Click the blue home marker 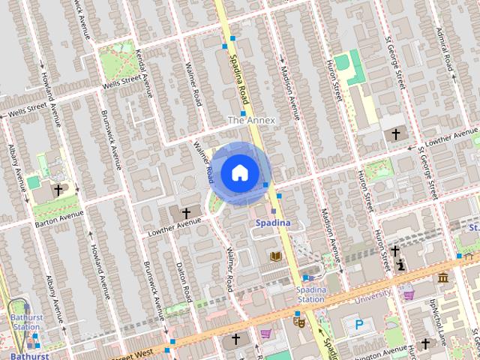coord(239,173)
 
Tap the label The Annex coord(251,120)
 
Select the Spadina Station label coord(310,294)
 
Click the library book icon coord(275,256)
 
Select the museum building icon coord(442,278)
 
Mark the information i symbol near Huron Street coord(402,264)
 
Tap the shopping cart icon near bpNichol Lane coord(409,295)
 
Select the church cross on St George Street coord(395,134)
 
